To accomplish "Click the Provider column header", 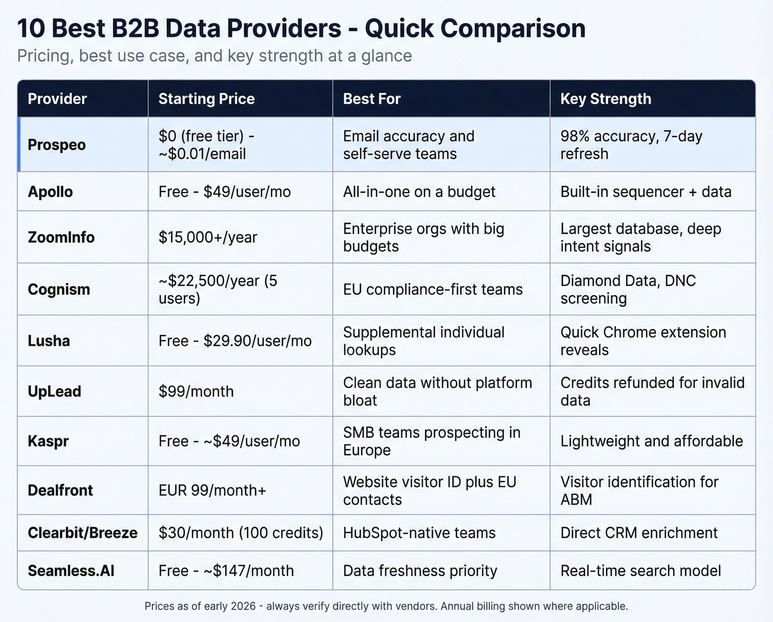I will (x=57, y=99).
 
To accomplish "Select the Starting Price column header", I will (x=207, y=99).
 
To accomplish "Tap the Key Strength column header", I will (x=606, y=99).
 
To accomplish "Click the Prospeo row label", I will (x=57, y=145).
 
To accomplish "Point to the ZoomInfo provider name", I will (x=61, y=237).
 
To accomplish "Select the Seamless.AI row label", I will (x=71, y=571).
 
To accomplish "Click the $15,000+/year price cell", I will (x=208, y=237).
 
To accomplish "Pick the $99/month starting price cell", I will (x=196, y=391).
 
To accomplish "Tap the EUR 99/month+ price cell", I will (x=213, y=490).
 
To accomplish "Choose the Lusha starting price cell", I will (x=235, y=341).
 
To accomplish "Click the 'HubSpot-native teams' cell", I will (x=419, y=533).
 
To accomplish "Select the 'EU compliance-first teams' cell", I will (x=432, y=289).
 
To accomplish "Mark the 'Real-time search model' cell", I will (x=640, y=571).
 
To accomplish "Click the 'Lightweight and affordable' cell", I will (x=652, y=441).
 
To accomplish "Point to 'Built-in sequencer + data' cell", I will (x=645, y=192).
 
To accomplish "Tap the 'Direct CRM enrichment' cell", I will (x=639, y=533).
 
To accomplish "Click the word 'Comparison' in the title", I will (x=475, y=29).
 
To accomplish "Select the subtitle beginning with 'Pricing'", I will (x=214, y=56).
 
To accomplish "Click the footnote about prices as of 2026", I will (x=386, y=606).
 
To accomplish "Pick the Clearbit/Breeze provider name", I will (x=83, y=533).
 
